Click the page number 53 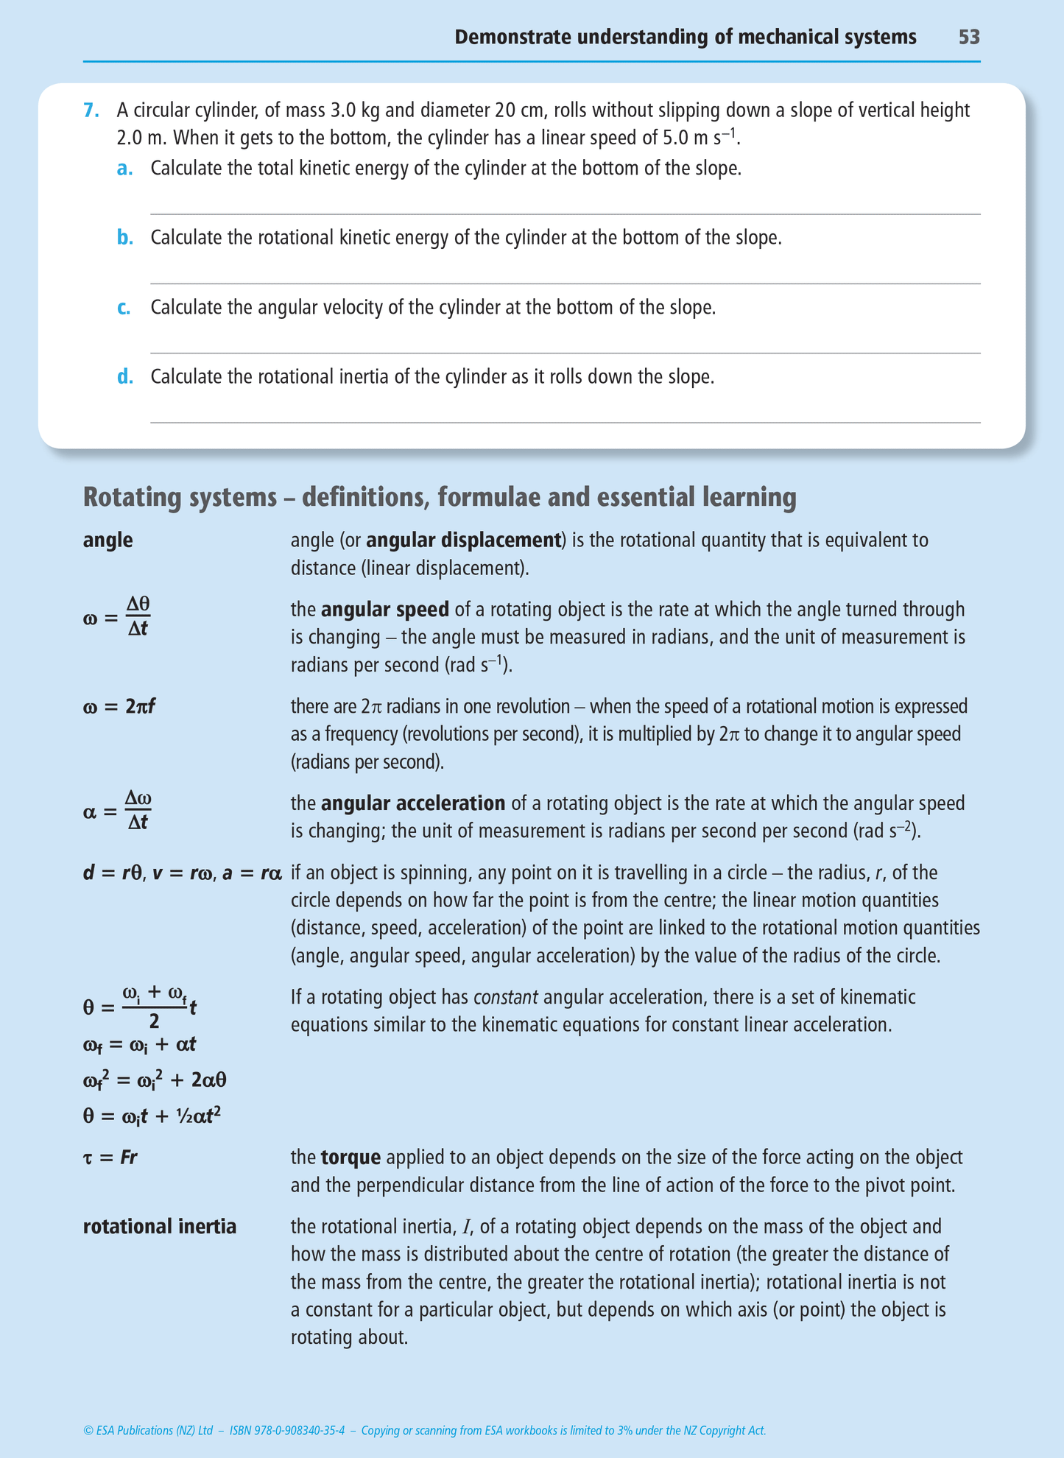pos(968,37)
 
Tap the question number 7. pos(91,110)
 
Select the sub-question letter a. pos(124,169)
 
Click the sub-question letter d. pos(125,377)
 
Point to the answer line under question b pos(565,283)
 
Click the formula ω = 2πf pos(119,707)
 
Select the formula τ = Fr pos(110,1157)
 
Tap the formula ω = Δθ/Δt pos(117,616)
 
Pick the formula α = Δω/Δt pos(118,811)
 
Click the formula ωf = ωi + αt pos(139,1045)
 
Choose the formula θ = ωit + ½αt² pos(152,1116)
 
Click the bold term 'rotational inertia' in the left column pos(160,1227)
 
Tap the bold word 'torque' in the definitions pos(350,1157)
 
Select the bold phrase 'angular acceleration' pos(413,803)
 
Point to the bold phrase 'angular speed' pos(384,610)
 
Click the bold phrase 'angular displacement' pos(463,540)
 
